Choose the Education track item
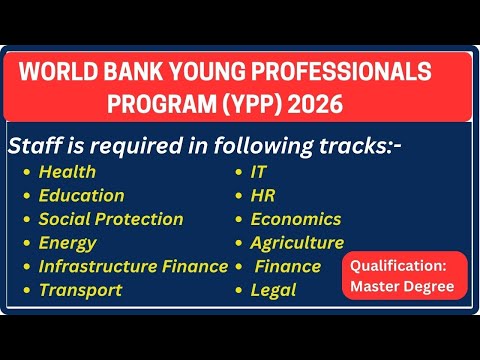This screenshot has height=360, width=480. click(x=81, y=196)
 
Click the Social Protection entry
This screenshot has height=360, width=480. click(x=110, y=219)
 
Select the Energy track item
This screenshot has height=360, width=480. click(x=67, y=243)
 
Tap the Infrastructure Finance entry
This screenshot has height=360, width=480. click(x=132, y=266)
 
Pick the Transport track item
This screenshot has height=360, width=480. click(x=80, y=290)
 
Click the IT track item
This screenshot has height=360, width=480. click(x=258, y=172)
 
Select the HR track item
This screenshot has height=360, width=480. click(x=262, y=196)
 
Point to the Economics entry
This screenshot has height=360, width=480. click(x=295, y=219)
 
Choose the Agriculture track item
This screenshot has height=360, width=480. click(x=297, y=243)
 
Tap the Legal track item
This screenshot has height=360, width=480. click(x=273, y=290)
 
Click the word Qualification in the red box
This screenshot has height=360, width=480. click(x=405, y=267)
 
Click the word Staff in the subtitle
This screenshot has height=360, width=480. click(x=32, y=146)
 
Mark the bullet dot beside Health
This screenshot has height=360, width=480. click(x=26, y=173)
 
